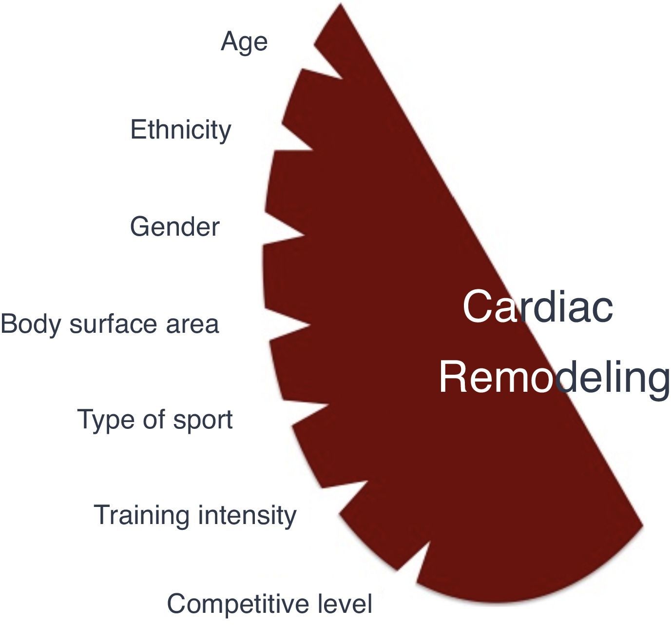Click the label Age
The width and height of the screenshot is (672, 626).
coord(244,42)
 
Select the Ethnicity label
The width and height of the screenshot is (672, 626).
coord(180,131)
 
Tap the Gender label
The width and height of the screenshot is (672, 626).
coord(174,227)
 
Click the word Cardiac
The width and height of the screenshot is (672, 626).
coord(538,306)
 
